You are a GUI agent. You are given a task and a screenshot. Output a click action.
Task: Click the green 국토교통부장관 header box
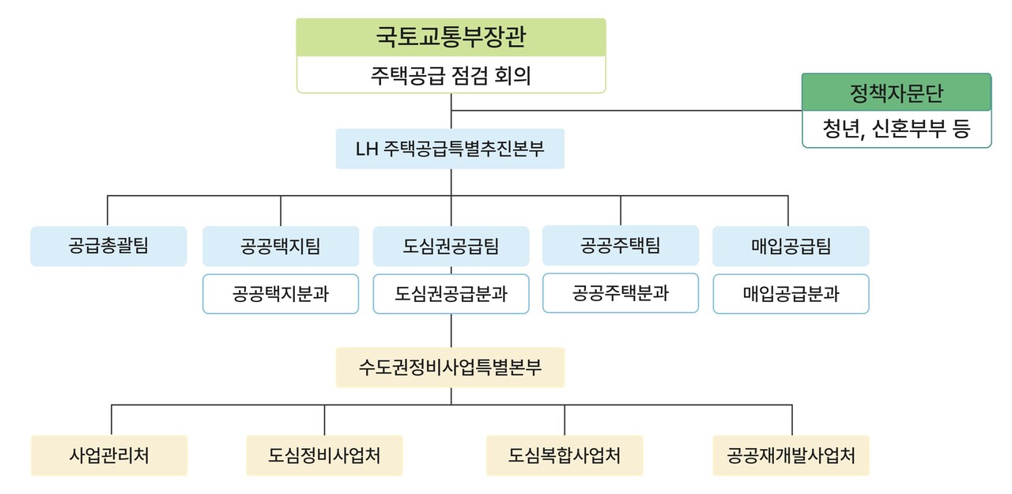451,37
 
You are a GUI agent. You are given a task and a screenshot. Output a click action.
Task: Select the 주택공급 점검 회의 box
451,76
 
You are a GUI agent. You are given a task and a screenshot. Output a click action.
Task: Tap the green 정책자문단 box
897,93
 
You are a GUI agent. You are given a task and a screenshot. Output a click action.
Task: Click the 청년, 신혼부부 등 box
897,130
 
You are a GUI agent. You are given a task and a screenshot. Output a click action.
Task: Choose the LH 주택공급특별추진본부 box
450,149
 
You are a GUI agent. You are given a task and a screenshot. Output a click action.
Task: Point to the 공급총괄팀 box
108,246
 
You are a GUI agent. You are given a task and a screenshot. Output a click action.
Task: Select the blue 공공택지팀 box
281,246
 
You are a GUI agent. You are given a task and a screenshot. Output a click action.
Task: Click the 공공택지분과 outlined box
281,294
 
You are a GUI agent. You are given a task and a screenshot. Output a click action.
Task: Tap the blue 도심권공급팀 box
451,246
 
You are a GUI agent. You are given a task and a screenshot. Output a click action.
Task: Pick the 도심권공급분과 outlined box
451,294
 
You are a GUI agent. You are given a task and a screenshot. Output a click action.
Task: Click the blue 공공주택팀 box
621,245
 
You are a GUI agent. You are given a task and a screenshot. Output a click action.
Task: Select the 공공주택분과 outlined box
621,293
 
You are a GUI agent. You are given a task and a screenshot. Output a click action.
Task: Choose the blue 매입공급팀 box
791,246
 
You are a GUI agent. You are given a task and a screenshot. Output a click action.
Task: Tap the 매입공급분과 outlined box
791,294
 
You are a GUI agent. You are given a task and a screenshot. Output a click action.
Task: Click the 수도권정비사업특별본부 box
450,368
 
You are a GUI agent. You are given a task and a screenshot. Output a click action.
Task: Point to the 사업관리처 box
109,455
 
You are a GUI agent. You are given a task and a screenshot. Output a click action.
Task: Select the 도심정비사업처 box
324,455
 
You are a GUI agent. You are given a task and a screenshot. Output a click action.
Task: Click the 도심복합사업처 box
565,455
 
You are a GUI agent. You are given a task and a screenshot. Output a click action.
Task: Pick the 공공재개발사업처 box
791,455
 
